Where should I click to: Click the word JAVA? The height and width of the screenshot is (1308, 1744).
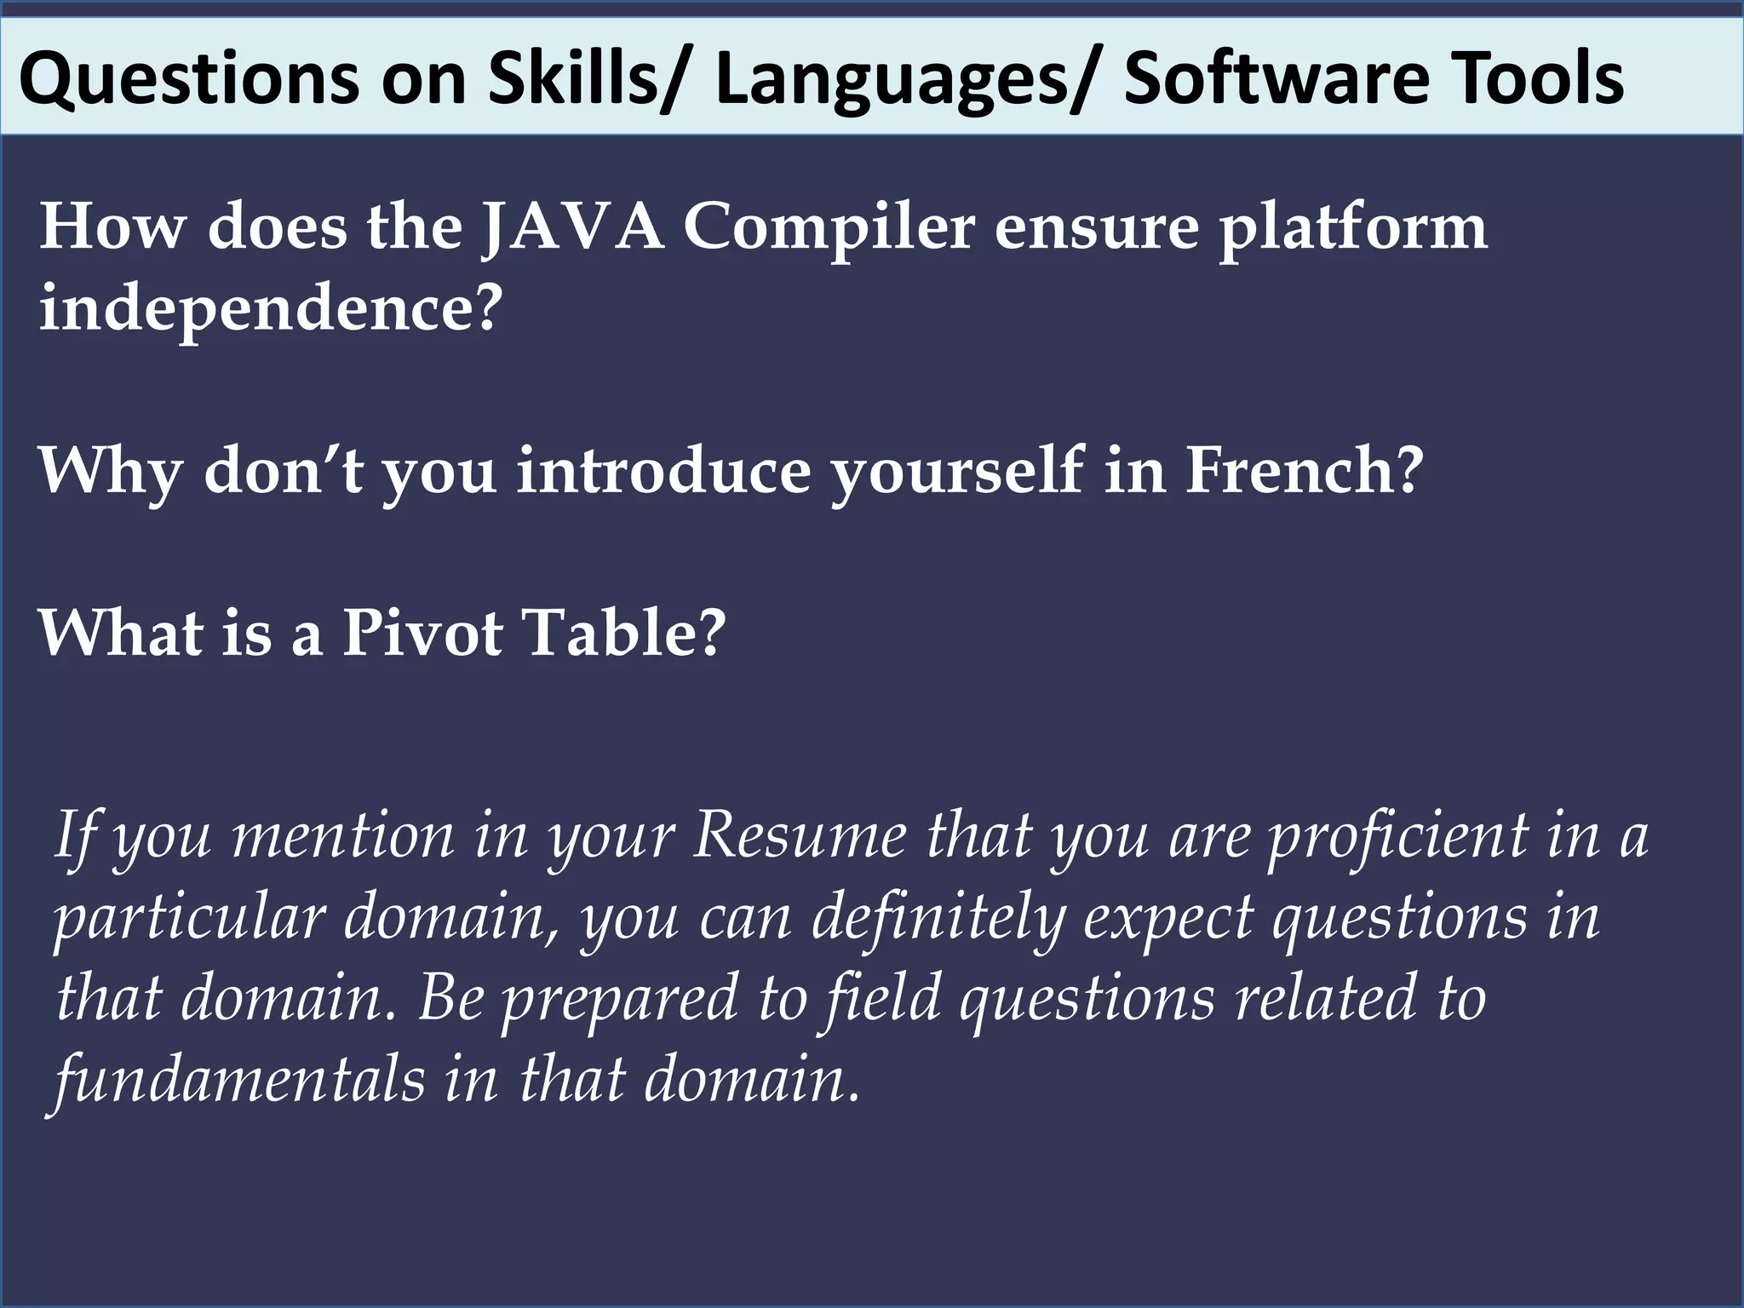tap(572, 227)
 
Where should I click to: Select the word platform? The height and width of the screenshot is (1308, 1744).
tap(1354, 227)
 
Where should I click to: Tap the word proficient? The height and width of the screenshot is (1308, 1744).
tap(1398, 836)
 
